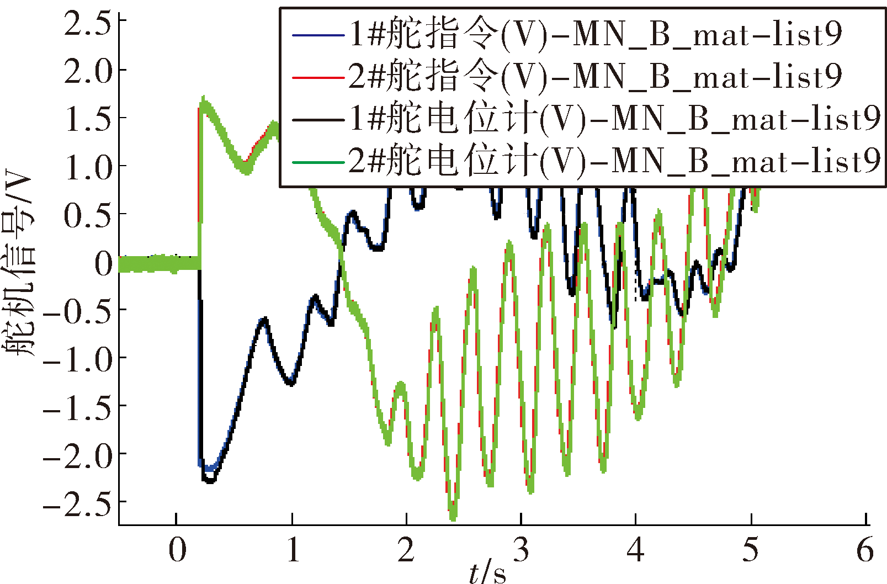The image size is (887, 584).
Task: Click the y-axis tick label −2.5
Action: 77,503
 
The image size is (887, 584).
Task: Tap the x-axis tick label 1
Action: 293,549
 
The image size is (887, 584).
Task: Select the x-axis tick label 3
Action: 521,549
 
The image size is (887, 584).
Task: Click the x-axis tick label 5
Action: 750,549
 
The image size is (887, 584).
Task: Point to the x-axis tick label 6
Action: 865,549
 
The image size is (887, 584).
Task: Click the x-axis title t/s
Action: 488,572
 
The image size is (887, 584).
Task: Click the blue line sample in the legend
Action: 318,36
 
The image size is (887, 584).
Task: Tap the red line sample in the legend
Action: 318,78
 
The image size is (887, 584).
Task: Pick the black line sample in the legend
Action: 318,120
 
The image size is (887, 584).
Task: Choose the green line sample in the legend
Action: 318,162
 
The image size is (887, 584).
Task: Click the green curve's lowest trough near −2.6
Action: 453,518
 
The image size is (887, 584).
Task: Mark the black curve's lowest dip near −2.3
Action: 210,481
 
